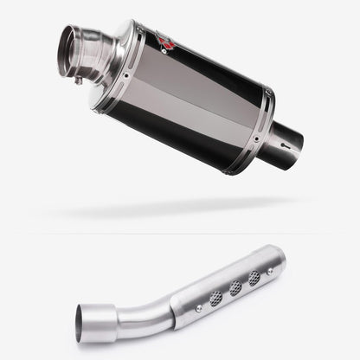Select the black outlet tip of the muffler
click(286, 144)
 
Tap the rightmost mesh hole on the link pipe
click(254, 278)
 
